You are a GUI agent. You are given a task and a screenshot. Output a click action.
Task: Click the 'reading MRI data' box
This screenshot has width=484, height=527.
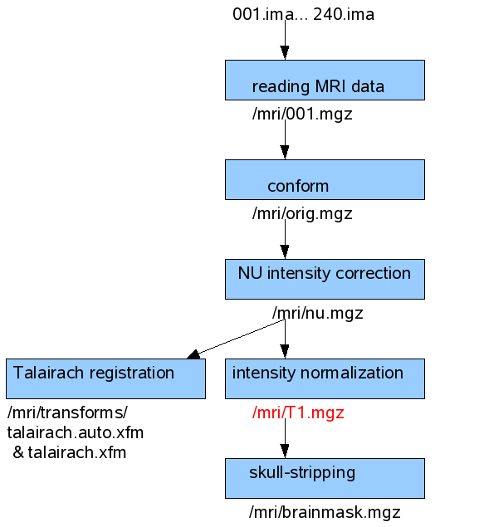325,80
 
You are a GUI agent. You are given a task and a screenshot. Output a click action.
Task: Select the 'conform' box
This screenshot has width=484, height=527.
325,179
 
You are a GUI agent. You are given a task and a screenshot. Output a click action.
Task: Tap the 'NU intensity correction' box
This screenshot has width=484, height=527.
325,279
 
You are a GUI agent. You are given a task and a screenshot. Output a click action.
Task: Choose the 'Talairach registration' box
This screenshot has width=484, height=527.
105,378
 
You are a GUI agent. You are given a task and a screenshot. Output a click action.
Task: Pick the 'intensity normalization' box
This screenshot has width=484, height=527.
325,378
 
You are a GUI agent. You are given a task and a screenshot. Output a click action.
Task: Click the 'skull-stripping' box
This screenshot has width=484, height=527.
325,478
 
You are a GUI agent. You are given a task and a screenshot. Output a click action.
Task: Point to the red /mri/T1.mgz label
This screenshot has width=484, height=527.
298,413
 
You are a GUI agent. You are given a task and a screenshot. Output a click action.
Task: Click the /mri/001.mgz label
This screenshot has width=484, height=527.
302,115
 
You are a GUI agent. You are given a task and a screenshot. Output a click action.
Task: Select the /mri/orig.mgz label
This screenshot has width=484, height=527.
302,214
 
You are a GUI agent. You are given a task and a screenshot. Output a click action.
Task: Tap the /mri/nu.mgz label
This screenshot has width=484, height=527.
318,313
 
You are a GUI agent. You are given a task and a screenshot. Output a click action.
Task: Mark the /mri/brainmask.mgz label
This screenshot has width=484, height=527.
325,513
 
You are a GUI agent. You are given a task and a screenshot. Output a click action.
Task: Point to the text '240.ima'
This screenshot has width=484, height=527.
344,14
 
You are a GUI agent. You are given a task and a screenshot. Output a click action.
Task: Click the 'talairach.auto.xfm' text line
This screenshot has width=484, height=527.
76,432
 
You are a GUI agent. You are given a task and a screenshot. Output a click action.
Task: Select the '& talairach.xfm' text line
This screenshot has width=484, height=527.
70,452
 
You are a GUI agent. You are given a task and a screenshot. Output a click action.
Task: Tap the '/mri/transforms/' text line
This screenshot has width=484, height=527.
67,413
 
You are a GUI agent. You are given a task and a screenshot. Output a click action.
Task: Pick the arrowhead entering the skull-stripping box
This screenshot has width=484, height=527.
285,451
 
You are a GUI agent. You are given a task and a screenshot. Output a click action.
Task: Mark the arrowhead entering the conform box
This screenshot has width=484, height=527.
285,153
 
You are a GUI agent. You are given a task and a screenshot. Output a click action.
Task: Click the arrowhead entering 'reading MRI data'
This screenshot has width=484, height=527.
285,53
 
